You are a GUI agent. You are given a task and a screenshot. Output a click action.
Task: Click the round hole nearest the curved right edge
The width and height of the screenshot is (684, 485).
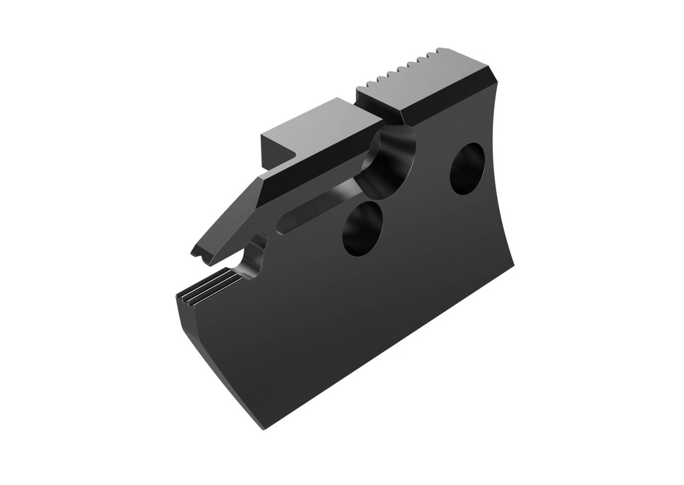[x=467, y=169]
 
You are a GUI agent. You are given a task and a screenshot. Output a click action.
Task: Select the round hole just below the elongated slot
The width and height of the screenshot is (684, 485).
[x=363, y=228]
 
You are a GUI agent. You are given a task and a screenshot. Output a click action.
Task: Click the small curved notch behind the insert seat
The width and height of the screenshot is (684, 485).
[x=254, y=257]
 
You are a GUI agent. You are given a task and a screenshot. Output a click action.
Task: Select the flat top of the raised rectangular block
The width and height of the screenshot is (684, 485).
[x=321, y=124]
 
